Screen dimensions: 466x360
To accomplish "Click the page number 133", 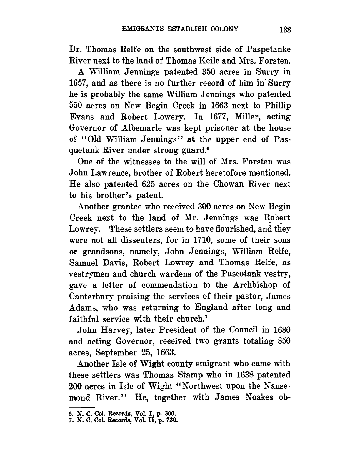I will tap(285, 30).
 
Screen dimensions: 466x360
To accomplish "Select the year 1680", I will tap(281, 330).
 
